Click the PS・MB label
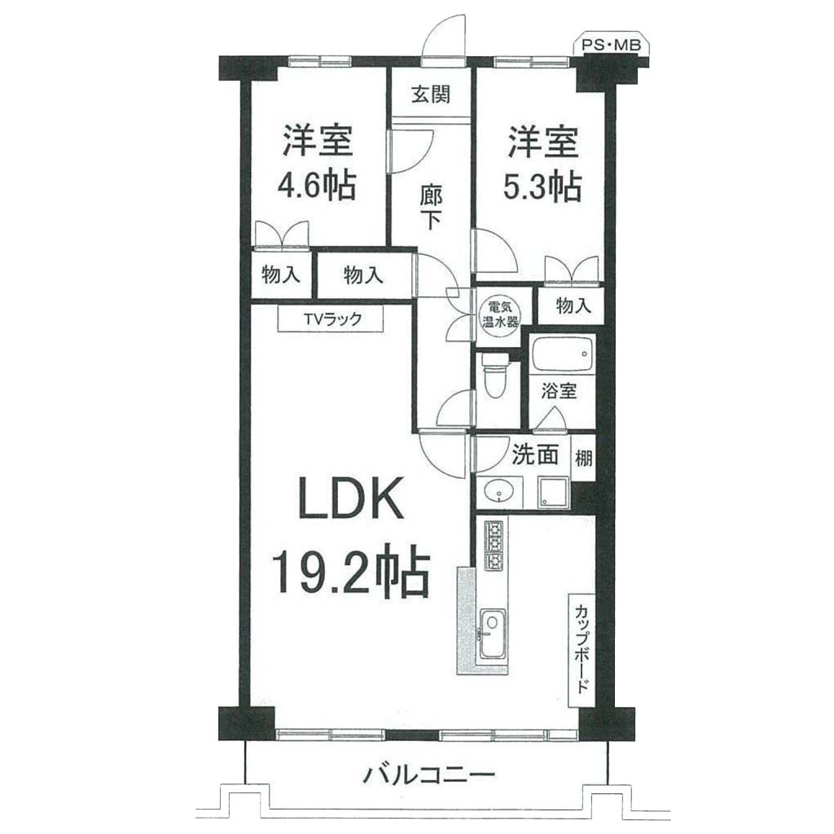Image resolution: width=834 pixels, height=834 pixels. [611, 46]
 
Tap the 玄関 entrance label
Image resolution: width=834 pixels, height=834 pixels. [431, 94]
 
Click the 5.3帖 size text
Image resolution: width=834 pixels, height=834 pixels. [542, 186]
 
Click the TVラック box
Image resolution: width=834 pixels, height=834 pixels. [331, 319]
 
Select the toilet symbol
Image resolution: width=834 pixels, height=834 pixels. [495, 375]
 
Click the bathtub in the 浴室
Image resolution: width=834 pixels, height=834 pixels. [563, 353]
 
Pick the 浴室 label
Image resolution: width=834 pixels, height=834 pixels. [559, 391]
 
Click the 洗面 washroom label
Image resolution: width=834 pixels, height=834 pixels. [534, 454]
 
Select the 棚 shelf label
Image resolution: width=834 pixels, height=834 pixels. [583, 458]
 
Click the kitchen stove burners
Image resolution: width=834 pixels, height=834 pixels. [493, 544]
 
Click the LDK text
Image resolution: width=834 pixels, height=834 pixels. [351, 498]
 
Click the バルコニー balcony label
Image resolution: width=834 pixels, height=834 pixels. [428, 774]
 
